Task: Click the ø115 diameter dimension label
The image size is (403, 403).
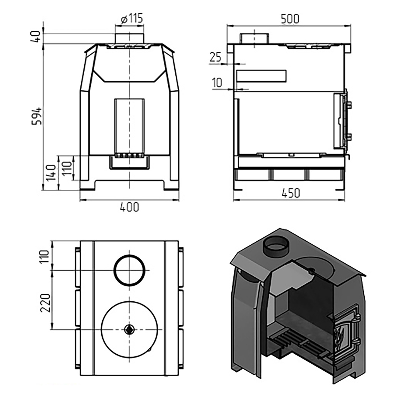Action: point(131,19)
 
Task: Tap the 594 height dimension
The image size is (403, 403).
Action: point(37,116)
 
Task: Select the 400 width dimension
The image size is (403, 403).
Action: point(129,207)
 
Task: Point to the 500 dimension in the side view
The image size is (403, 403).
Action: point(290,19)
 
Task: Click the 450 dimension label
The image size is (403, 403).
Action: point(291,193)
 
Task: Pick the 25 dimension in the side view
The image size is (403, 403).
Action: point(215,57)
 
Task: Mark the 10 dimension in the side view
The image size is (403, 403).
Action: point(217,83)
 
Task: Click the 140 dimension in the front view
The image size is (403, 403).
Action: point(51,172)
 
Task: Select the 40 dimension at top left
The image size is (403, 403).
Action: point(36,37)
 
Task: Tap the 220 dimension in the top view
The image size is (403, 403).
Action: point(45,303)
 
